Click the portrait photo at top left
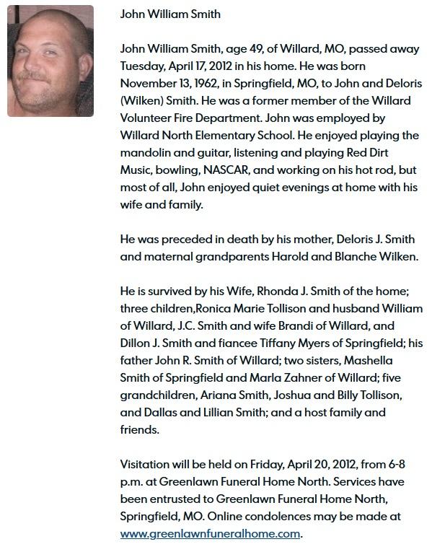pyautogui.click(x=50, y=61)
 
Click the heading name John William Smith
pyautogui.click(x=170, y=14)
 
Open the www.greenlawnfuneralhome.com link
pyautogui.click(x=208, y=534)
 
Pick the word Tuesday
pyautogui.click(x=144, y=66)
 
